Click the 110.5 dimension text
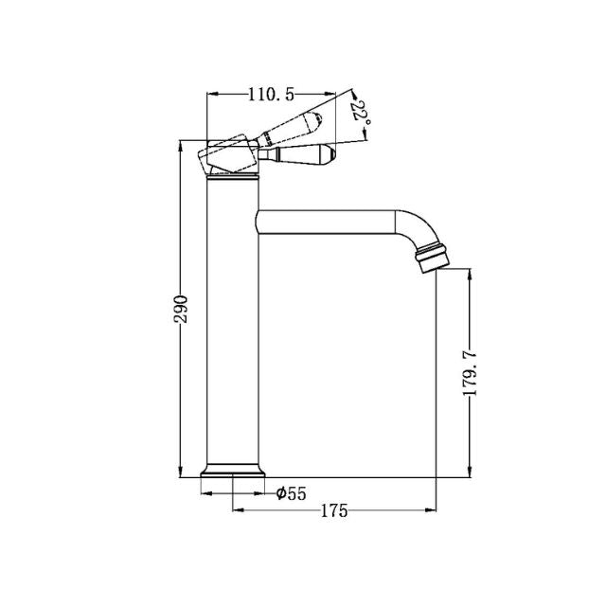coord(271,93)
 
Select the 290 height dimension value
coord(183,310)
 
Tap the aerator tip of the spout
coord(432,258)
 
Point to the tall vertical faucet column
coord(231,322)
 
